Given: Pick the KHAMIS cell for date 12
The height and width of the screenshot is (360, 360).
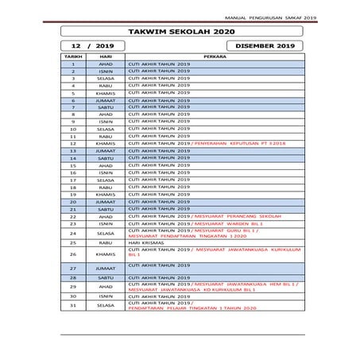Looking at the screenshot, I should [105, 143].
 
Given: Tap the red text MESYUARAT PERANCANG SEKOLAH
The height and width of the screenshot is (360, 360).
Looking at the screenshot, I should [238, 215].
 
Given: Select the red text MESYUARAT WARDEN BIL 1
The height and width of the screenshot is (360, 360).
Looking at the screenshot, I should [230, 223].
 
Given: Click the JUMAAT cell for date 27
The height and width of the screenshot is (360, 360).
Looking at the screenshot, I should [105, 269].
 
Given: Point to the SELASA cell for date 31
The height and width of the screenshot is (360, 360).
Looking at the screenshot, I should [105, 305].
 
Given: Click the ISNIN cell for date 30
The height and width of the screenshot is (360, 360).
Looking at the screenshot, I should [105, 296].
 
